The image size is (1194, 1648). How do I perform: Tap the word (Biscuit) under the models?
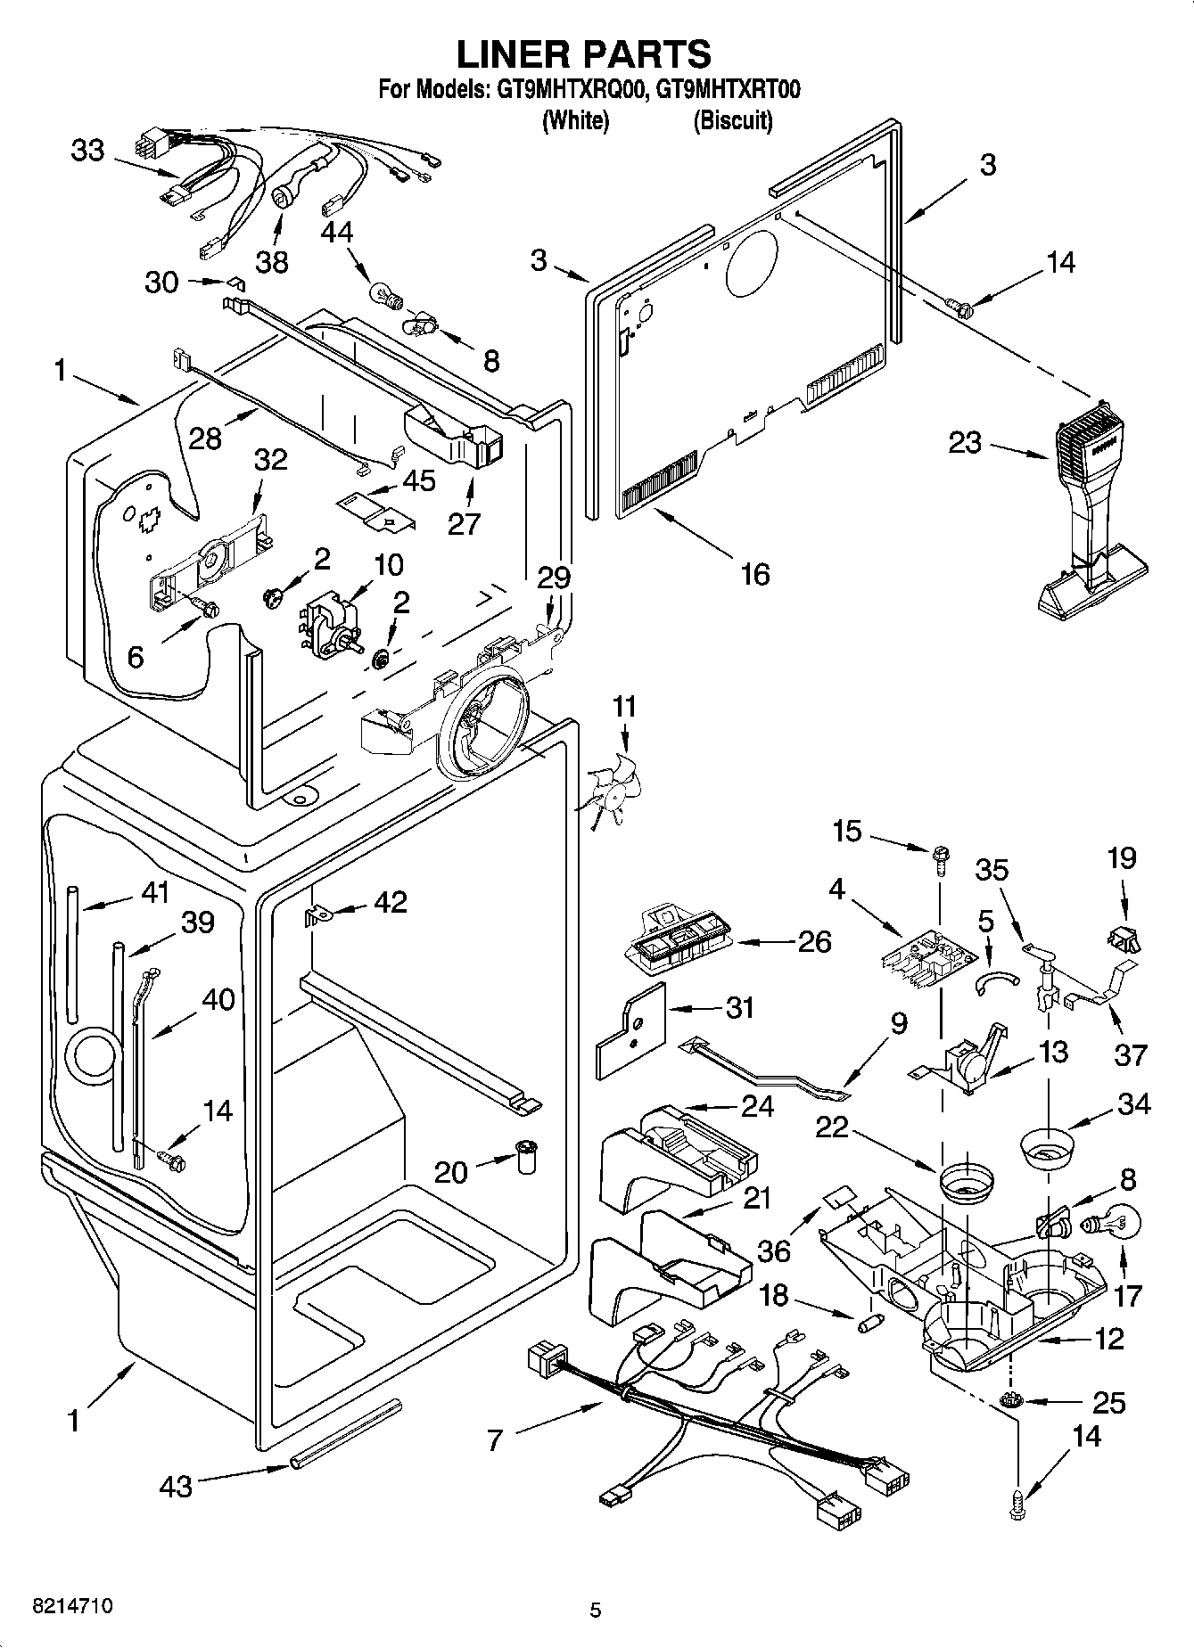click(x=733, y=120)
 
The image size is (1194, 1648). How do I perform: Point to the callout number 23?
click(x=965, y=442)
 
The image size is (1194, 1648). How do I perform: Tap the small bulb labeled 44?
click(x=382, y=291)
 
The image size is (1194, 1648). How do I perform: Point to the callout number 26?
click(x=814, y=941)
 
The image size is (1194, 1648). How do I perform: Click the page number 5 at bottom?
click(x=596, y=1609)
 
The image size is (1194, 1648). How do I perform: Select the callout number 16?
click(x=754, y=574)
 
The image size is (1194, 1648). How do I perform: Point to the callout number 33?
click(x=87, y=151)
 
